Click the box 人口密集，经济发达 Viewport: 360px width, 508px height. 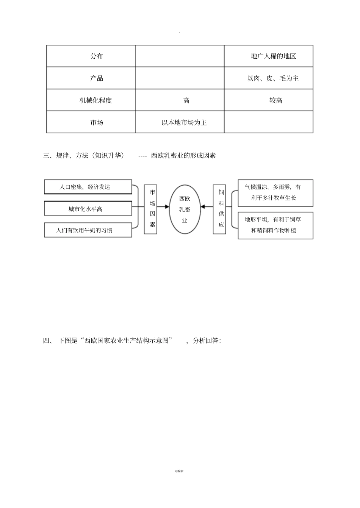[x=88, y=187]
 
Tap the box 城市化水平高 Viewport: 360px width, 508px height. [x=88, y=209]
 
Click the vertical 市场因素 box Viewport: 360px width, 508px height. [x=150, y=209]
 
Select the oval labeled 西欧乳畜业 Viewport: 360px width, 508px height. [x=185, y=209]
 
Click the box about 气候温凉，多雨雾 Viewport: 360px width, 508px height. [x=275, y=193]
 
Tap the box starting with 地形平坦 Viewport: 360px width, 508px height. [x=275, y=225]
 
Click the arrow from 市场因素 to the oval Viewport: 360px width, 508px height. [x=163, y=206]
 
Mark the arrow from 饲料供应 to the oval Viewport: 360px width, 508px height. [x=207, y=206]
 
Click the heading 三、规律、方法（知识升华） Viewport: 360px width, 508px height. [x=84, y=155]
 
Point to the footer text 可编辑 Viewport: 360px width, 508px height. [x=179, y=471]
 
